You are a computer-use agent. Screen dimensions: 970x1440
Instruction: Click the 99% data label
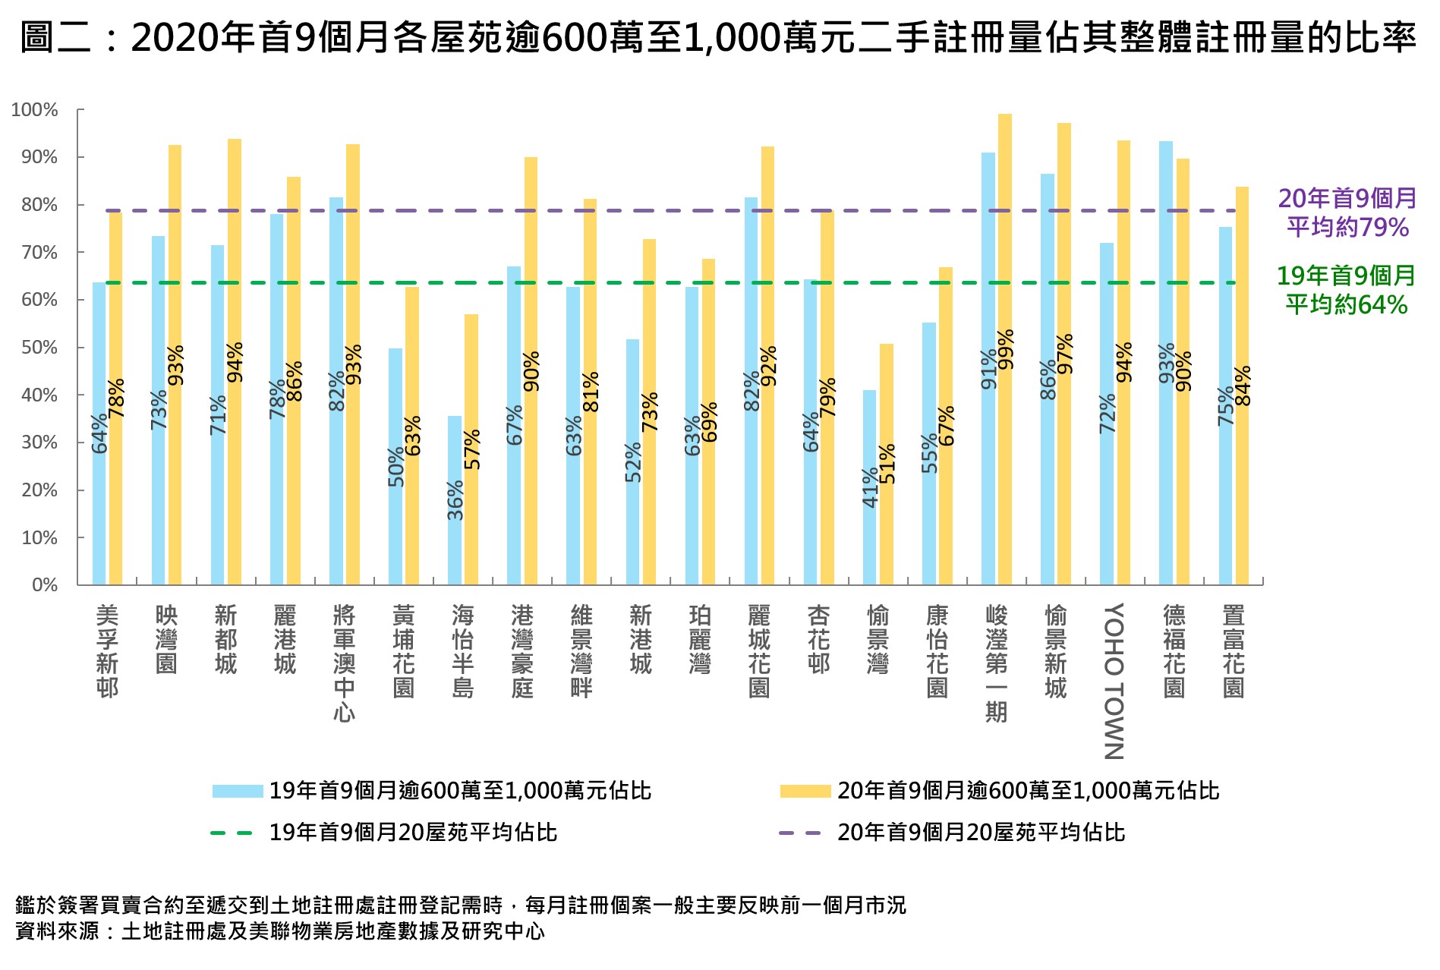point(1005,349)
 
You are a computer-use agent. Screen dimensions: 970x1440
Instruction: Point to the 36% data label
point(455,500)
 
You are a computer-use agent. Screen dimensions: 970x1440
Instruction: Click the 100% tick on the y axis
point(35,110)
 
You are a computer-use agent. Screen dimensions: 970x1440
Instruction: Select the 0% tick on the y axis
point(44,585)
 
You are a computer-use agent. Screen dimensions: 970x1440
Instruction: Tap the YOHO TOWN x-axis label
point(1114,681)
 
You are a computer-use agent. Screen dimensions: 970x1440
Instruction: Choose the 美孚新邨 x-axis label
point(107,650)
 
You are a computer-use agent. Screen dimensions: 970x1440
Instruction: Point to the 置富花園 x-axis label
point(1234,650)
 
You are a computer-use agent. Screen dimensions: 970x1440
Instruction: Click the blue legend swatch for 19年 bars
point(237,791)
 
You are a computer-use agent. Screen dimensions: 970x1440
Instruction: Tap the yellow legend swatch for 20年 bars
point(805,791)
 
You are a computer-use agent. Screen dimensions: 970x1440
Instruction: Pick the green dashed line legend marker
point(232,833)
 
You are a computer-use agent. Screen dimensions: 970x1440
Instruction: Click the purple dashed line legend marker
point(799,833)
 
